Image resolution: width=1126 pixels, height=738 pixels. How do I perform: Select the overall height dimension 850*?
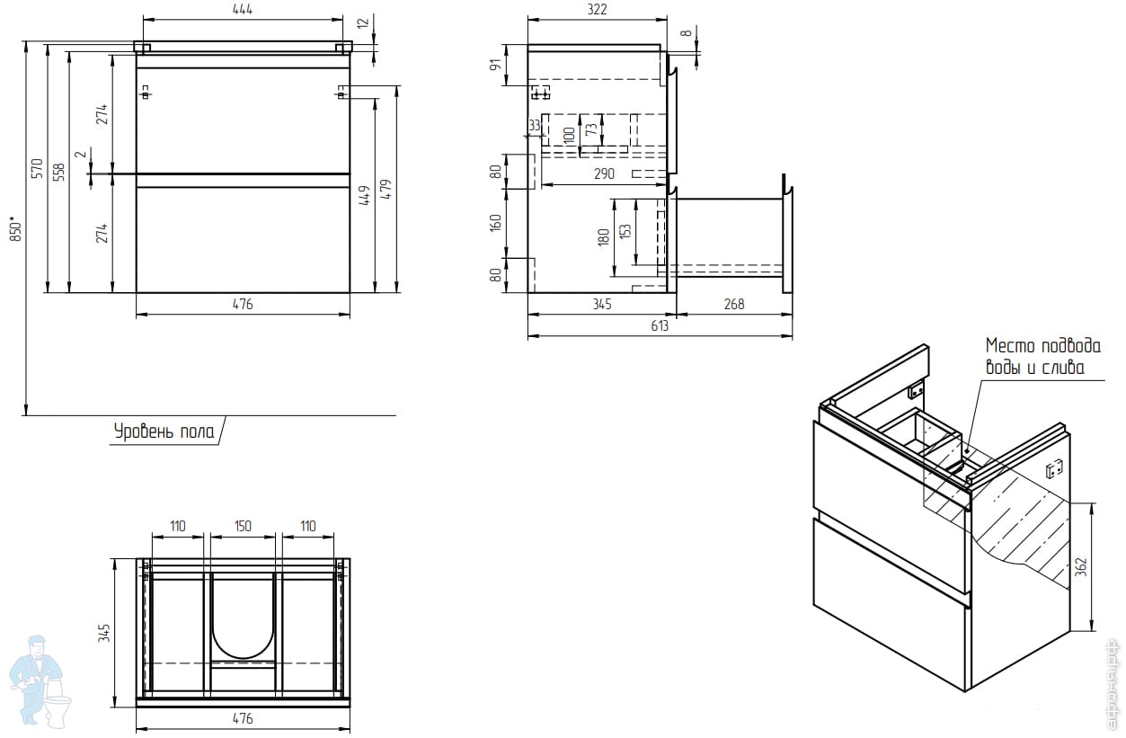point(13,229)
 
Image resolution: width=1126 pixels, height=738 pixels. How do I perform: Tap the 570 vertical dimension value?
point(37,168)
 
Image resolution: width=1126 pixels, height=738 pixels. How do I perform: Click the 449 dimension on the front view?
point(364,196)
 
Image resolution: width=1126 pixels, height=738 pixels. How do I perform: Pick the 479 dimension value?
point(386,190)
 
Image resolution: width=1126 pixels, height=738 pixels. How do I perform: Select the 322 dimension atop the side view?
point(598,10)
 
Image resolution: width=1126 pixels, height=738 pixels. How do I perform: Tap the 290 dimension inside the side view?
point(605,173)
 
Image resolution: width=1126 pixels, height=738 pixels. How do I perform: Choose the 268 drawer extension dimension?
point(733,304)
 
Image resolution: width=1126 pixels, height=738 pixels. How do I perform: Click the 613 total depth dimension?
point(660,325)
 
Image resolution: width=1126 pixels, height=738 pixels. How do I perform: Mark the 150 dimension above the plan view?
point(243,526)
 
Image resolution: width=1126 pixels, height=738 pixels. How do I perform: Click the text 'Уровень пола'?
point(164,432)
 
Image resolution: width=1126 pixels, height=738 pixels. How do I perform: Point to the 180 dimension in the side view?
point(604,236)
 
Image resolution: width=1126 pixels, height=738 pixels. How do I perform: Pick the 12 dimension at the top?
point(362,22)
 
